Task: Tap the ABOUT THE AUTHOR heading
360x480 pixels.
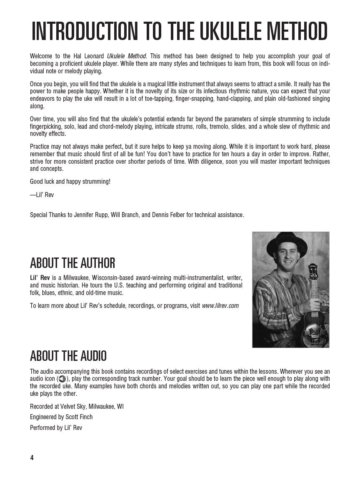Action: [72, 263]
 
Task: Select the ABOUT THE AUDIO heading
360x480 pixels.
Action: [68, 356]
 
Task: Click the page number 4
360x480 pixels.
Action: [32, 457]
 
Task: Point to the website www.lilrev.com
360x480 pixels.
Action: [220, 305]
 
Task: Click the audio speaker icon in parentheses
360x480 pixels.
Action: [62, 379]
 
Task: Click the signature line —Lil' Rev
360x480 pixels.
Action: [42, 195]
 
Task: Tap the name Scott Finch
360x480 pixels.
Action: [79, 417]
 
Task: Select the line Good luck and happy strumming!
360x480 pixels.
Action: [70, 182]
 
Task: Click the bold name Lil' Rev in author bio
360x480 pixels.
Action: [38, 277]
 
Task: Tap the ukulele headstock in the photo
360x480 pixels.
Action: [312, 271]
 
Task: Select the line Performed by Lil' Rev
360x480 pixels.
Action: [56, 427]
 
